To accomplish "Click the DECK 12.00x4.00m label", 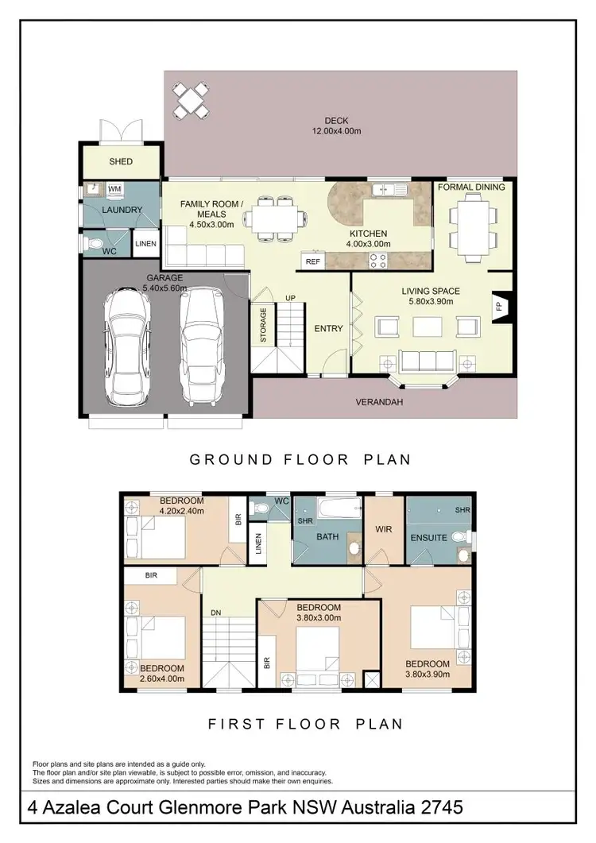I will click(x=336, y=126).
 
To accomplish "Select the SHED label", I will click(x=121, y=161).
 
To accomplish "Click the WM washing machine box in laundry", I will click(x=114, y=189).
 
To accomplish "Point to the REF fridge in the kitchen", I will click(x=312, y=261).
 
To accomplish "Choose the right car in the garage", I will click(x=199, y=343).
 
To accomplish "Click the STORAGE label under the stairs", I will click(x=263, y=326).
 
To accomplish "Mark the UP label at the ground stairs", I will click(x=291, y=298).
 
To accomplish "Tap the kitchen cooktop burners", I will click(x=376, y=257).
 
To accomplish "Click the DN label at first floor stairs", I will click(x=215, y=613).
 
